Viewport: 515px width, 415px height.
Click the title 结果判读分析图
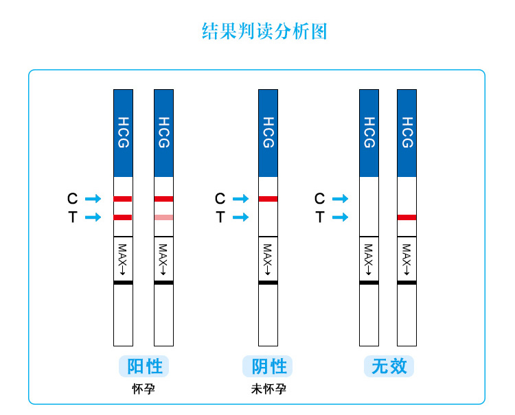pos(264,32)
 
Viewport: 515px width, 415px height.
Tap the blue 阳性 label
pos(144,366)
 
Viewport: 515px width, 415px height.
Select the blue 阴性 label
pos(269,366)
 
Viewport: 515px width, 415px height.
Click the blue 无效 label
pos(389,366)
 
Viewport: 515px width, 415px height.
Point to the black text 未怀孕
pos(268,389)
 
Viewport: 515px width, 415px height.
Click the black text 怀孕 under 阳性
pos(144,389)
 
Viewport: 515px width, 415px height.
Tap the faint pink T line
pos(163,217)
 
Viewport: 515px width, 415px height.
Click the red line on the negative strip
pos(268,199)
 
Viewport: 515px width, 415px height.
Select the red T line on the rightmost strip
pos(407,217)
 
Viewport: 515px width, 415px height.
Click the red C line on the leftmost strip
pos(123,199)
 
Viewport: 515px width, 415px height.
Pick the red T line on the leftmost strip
pos(123,217)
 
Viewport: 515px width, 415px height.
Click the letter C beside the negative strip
pos(220,198)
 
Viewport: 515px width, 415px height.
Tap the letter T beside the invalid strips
pos(320,217)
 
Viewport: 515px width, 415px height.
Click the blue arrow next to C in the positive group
pos(93,198)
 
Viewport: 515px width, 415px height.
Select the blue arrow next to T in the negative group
pos(241,217)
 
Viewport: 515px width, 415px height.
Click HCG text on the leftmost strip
pos(123,132)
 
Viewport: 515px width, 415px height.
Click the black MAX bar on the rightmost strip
pos(407,283)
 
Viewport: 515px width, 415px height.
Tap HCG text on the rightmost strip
pos(407,132)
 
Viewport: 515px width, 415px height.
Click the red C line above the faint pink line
pos(163,199)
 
